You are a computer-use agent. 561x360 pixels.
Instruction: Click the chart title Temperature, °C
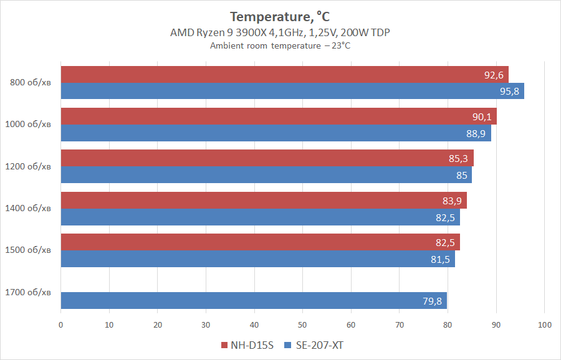click(280, 16)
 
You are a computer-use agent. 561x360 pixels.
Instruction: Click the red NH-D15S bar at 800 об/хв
click(284, 75)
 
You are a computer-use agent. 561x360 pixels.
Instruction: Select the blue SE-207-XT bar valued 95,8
click(292, 91)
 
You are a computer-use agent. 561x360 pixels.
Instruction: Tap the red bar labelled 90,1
click(278, 116)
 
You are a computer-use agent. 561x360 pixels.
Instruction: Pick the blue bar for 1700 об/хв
click(254, 301)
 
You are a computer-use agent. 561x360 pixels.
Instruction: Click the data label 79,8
click(432, 301)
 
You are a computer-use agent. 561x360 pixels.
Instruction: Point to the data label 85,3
click(458, 159)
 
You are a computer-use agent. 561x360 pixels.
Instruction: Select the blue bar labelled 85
click(266, 175)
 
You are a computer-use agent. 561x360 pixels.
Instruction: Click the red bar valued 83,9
click(264, 201)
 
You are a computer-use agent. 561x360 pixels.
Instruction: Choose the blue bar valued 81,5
click(257, 259)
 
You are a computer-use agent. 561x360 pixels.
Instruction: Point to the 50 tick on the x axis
click(303, 324)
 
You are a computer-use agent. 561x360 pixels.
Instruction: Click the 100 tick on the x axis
click(544, 324)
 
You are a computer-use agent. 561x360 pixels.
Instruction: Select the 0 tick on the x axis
click(60, 324)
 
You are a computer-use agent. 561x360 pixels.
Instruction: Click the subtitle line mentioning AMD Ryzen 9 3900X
click(280, 32)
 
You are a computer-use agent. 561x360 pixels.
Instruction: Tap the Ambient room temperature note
click(280, 45)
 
